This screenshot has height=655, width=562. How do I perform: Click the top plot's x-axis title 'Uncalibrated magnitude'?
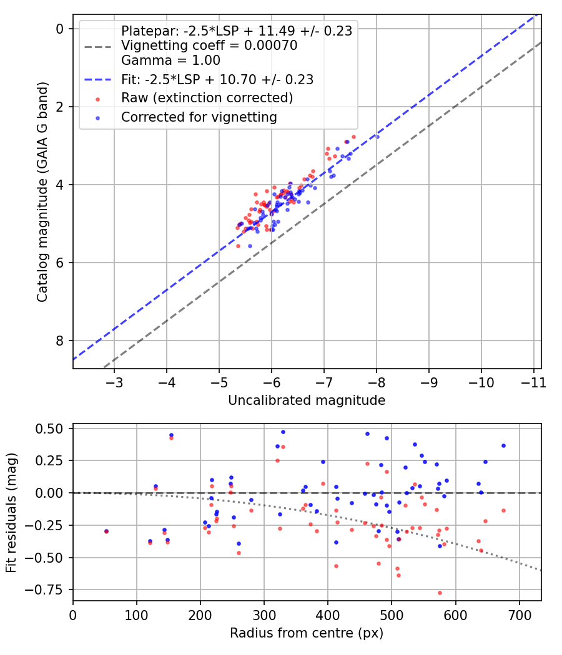click(307, 400)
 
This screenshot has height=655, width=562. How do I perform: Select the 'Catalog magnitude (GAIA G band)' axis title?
click(42, 192)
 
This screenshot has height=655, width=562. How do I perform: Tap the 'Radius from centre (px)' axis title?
click(307, 633)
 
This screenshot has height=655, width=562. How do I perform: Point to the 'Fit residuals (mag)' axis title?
click(12, 513)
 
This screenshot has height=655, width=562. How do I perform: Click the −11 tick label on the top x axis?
click(533, 382)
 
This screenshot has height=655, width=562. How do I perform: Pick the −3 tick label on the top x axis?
click(114, 382)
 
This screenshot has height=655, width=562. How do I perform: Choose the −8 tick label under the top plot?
click(377, 382)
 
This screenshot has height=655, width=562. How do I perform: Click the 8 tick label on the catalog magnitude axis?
click(60, 341)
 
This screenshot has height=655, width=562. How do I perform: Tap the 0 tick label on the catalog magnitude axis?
click(60, 29)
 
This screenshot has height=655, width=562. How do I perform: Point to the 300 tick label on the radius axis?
click(264, 615)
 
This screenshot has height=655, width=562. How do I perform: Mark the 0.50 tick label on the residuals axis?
click(49, 429)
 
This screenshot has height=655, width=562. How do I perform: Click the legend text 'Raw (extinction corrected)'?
click(207, 98)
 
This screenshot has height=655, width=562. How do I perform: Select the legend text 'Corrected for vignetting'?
click(199, 117)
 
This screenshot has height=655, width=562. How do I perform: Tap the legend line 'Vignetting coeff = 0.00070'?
click(209, 45)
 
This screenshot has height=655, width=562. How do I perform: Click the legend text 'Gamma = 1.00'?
click(170, 60)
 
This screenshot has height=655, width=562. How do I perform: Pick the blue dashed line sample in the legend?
click(98, 79)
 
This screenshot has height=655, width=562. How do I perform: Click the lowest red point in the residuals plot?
click(440, 593)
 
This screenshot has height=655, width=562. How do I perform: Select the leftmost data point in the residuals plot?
click(106, 531)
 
